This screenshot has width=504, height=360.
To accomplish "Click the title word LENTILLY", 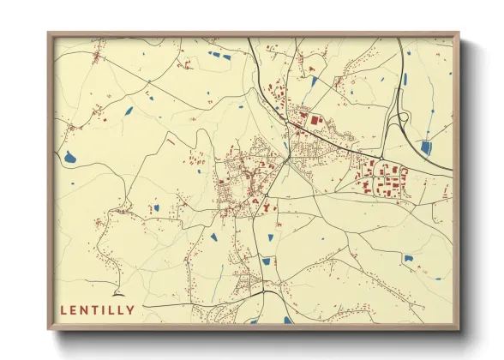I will [x=97, y=309].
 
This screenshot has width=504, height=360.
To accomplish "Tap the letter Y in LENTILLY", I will [x=130, y=309].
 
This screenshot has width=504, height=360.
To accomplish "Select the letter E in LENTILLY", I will [x=75, y=309].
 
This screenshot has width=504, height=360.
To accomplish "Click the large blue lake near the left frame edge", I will [x=69, y=158].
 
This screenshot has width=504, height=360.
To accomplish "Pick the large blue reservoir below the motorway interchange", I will [x=426, y=147].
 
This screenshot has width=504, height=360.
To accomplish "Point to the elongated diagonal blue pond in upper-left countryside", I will [x=129, y=111].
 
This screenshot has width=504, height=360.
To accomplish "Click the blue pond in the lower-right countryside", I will [x=408, y=257].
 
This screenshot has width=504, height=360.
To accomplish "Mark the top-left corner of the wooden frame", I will [x=50, y=35].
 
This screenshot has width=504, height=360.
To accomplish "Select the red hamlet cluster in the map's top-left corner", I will [x=97, y=58].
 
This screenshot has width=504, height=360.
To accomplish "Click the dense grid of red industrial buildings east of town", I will [x=381, y=178].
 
